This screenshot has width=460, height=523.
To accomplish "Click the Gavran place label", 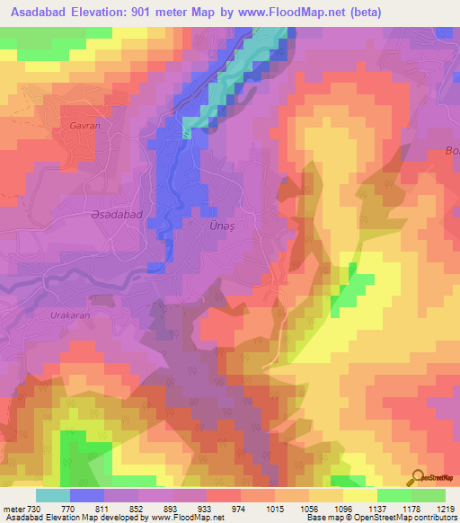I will (84, 127).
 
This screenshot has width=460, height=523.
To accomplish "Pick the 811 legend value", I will (106, 508).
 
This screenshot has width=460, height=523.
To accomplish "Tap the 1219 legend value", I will (446, 508).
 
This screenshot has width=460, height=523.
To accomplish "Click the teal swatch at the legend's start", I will (53, 495).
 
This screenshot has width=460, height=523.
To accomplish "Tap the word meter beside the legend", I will (12, 508).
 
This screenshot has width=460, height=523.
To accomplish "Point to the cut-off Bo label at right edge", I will (452, 151).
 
